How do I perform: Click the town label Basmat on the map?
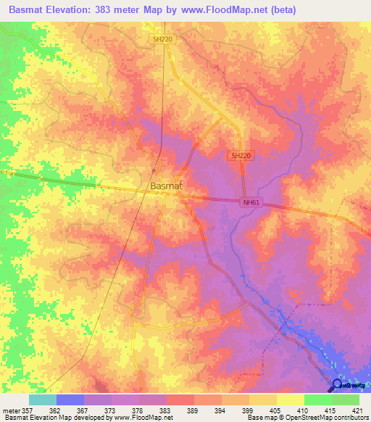click(x=166, y=186)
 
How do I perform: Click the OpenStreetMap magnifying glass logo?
click(x=337, y=386)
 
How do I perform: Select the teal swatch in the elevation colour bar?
click(x=43, y=400)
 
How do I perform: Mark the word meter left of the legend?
click(x=12, y=410)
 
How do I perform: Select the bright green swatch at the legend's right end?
click(x=346, y=400)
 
